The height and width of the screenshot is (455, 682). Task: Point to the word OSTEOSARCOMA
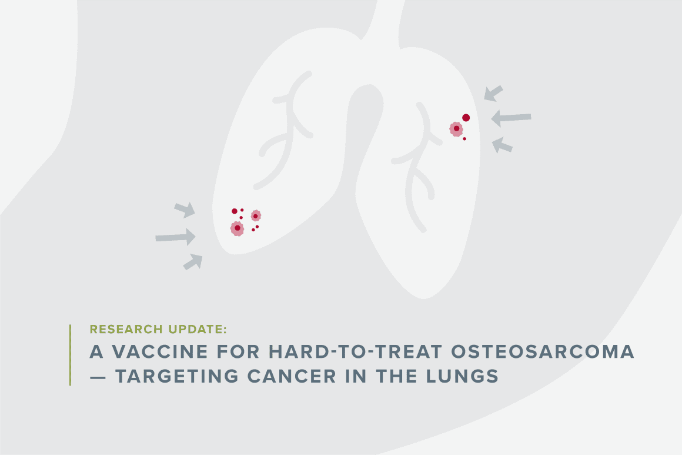coord(543,352)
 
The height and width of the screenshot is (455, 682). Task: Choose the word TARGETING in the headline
coord(177,376)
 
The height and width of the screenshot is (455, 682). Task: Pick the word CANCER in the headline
coord(292,376)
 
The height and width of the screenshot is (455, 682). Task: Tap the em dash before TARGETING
coord(98,377)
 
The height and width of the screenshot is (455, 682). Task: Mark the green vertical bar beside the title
coord(70,355)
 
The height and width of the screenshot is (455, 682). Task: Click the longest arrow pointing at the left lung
coord(176,237)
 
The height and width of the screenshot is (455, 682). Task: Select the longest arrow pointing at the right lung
coord(511,118)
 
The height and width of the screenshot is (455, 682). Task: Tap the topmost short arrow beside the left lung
coord(185,210)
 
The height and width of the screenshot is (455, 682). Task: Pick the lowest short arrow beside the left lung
coord(193,262)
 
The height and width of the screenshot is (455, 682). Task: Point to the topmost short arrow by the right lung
coord(494,94)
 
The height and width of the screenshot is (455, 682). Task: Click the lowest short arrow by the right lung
coord(502,145)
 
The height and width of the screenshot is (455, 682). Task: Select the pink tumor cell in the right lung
coord(456,129)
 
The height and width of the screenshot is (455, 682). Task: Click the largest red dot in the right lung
coord(466,118)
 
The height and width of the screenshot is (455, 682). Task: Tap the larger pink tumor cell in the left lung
coord(237,228)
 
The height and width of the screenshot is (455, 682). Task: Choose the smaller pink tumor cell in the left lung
coord(256,215)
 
